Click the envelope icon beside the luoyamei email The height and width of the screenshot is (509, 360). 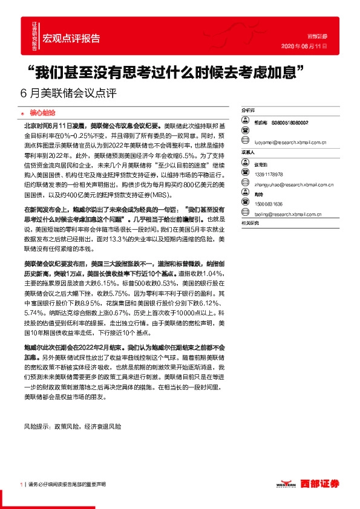[x=245, y=143]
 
